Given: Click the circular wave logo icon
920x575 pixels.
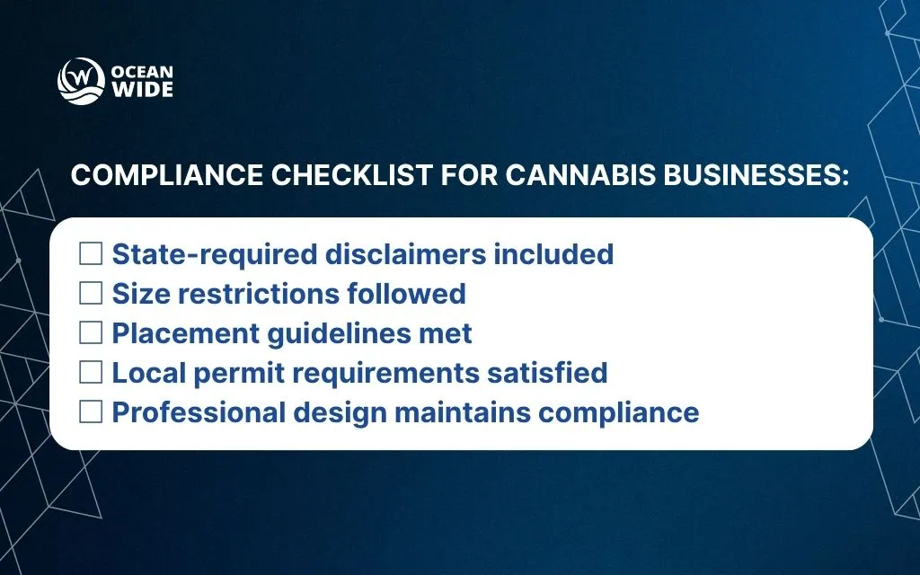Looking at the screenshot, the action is [81, 81].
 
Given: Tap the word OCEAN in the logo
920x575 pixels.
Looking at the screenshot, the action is [142, 72].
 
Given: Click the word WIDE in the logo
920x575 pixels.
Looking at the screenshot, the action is [142, 90].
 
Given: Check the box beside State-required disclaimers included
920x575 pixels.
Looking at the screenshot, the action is [91, 254].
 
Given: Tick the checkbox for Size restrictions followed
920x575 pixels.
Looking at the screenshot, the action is [91, 294].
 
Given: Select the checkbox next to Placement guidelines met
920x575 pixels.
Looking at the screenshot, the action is [91, 332].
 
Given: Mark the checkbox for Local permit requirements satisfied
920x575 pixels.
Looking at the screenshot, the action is [91, 372].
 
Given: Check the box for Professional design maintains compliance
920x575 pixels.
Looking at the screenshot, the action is [91, 411].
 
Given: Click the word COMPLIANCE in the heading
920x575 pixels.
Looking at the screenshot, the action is [166, 175].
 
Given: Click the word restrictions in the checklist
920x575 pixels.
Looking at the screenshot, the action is [259, 294].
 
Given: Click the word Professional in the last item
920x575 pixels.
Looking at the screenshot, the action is [199, 411].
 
